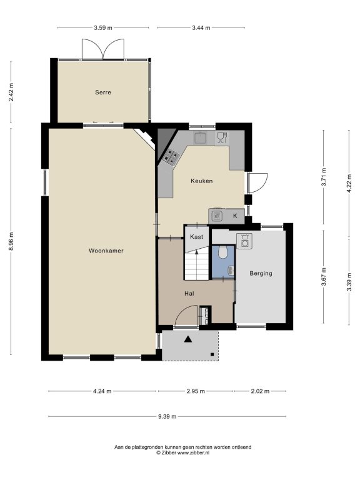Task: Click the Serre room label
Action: tap(103, 92)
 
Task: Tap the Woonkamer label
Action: tap(106, 251)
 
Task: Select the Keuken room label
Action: tap(201, 181)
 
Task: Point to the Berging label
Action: tap(261, 273)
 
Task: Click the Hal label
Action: tap(189, 294)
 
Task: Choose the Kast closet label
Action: tap(196, 237)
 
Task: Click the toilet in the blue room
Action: tap(223, 252)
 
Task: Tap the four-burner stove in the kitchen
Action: tap(171, 157)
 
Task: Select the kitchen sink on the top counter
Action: tap(201, 137)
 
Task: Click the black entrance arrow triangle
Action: tap(188, 339)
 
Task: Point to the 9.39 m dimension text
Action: tap(167, 416)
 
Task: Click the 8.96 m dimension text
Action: tap(11, 241)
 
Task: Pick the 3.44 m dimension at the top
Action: tap(201, 28)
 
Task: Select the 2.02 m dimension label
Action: tap(260, 391)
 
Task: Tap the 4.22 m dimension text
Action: tap(349, 184)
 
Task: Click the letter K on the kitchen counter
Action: tap(235, 216)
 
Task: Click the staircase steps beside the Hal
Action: tap(196, 265)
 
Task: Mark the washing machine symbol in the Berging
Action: tap(244, 241)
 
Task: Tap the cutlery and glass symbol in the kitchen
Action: tap(222, 137)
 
